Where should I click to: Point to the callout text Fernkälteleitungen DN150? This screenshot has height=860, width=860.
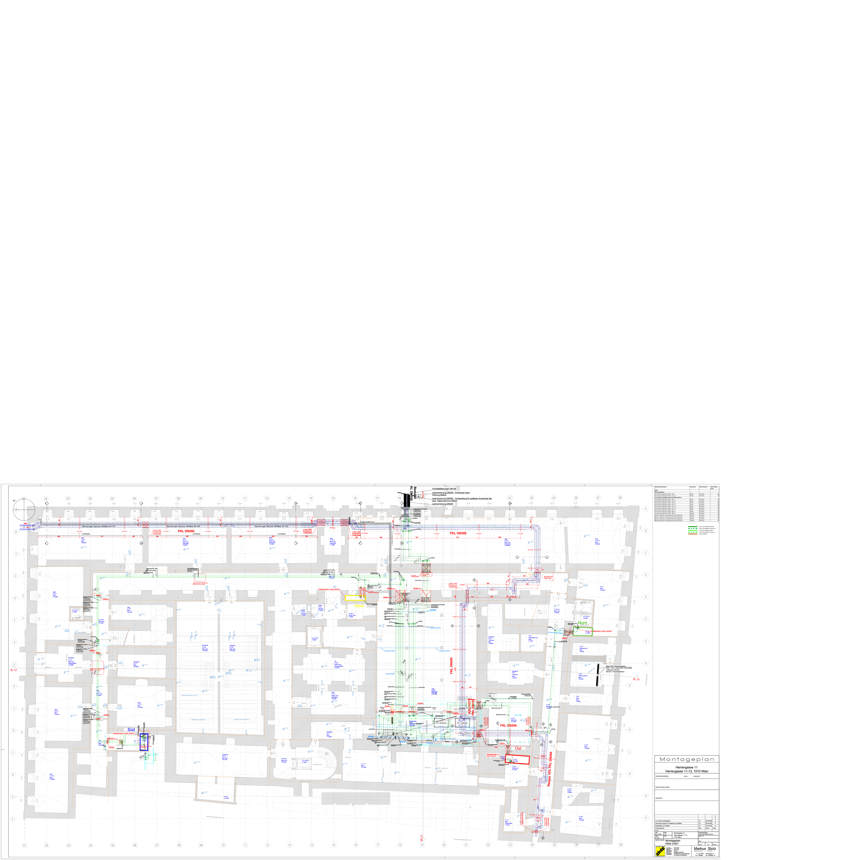[444, 489]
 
